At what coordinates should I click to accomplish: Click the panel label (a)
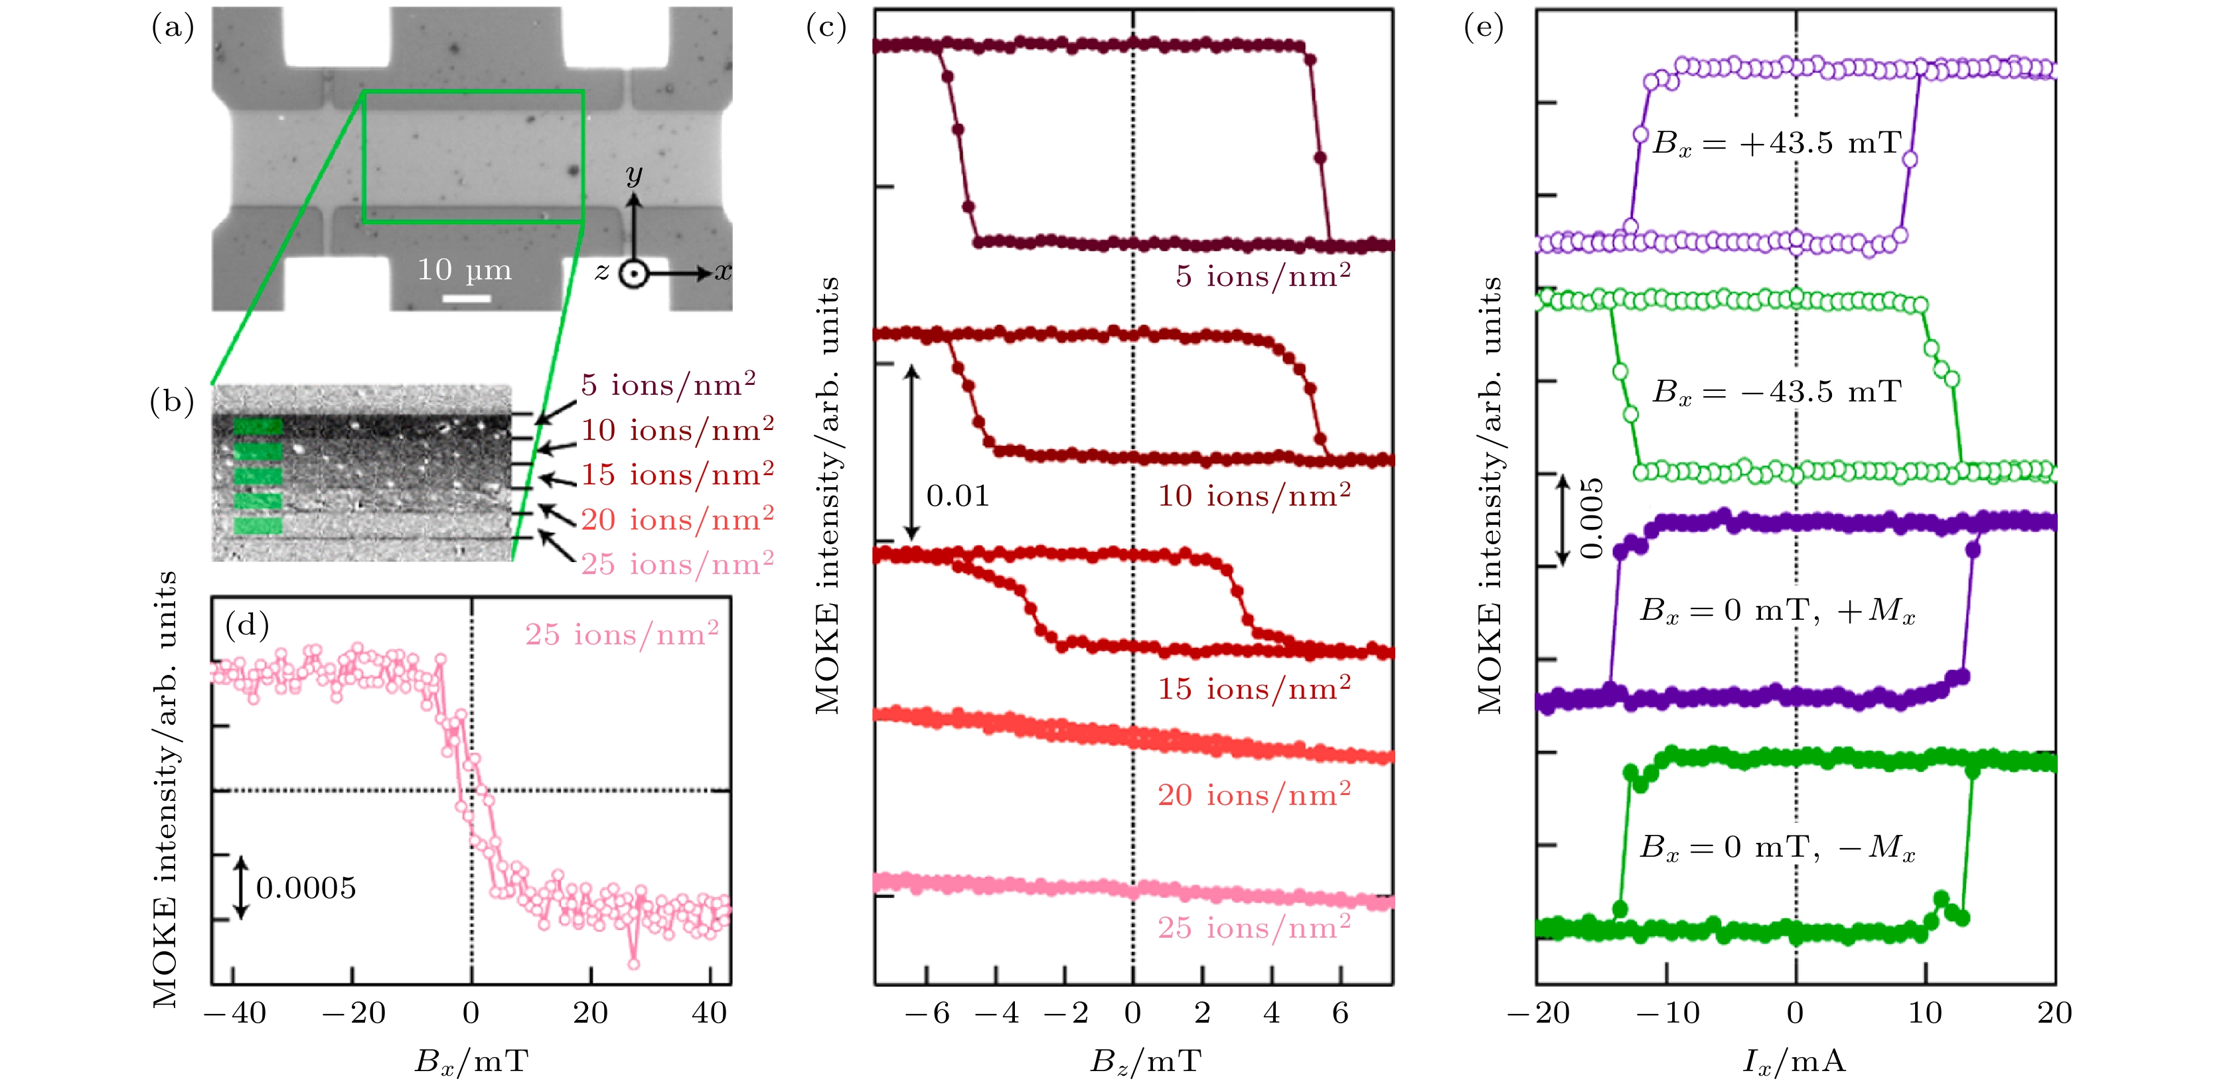coord(173,29)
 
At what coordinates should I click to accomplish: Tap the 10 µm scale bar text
coord(465,271)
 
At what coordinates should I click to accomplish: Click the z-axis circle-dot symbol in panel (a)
coord(634,274)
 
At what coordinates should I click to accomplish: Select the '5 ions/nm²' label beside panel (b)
coord(668,384)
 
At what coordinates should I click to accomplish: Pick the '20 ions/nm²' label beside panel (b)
coord(677,519)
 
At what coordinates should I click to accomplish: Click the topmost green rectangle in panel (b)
coord(258,425)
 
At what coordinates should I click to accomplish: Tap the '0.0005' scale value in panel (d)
coord(306,888)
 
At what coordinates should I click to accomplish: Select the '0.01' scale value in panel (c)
coord(957,496)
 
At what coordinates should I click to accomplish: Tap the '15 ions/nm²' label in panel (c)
coord(1254,689)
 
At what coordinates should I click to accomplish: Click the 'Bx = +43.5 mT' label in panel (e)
coord(1776,143)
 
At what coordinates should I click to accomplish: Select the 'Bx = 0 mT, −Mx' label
coord(1776,847)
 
